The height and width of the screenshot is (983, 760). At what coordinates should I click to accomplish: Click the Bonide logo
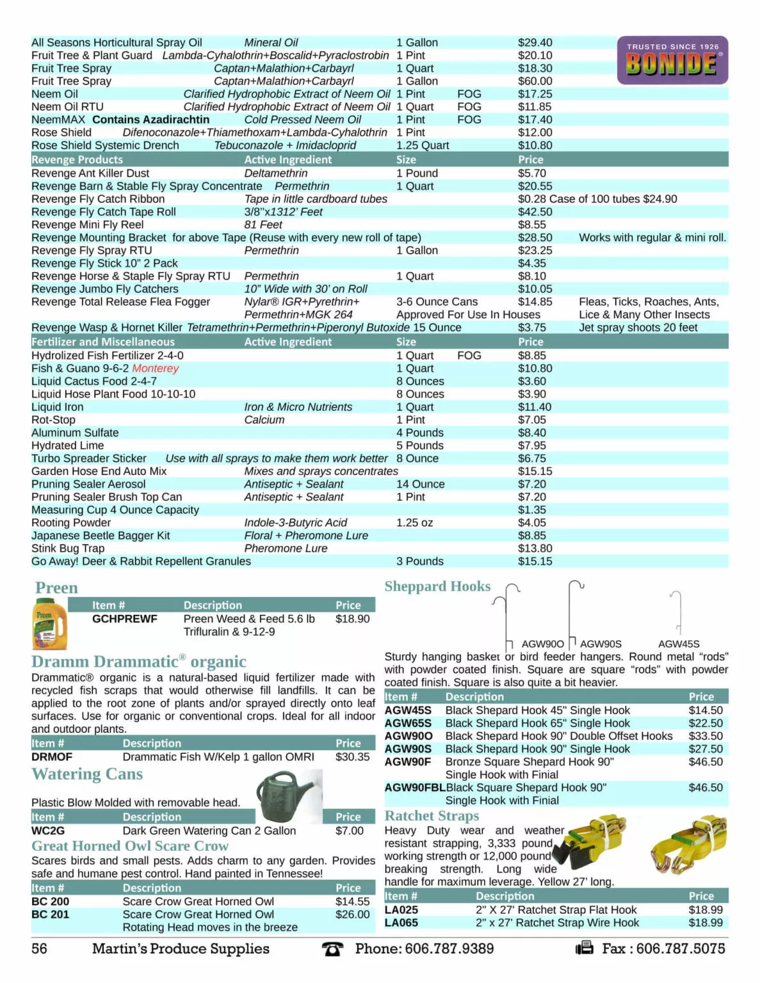tap(672, 61)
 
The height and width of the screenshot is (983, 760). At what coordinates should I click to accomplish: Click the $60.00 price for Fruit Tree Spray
tap(535, 81)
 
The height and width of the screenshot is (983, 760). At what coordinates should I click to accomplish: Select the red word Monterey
tap(156, 369)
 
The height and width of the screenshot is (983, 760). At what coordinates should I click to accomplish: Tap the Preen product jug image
tap(49, 623)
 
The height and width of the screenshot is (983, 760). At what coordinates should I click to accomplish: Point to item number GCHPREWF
tap(124, 619)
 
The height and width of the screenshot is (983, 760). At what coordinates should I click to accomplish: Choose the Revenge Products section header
tap(77, 159)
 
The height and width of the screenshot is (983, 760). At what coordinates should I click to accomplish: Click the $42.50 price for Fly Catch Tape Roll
tap(535, 212)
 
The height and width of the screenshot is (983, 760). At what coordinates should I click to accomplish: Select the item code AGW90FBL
tap(414, 788)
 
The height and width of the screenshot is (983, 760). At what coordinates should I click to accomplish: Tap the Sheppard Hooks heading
tap(437, 586)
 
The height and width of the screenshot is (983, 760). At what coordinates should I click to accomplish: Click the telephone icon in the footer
tap(332, 949)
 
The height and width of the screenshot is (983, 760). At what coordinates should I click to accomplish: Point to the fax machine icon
tap(584, 948)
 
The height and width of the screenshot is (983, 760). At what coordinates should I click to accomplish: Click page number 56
tap(39, 948)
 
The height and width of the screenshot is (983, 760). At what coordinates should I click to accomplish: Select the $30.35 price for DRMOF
tap(352, 757)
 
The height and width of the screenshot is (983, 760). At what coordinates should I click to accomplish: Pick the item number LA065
tap(401, 923)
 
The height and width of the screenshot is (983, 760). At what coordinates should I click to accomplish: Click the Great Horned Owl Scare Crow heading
tap(130, 846)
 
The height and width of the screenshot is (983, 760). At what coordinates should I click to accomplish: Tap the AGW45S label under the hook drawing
tap(679, 644)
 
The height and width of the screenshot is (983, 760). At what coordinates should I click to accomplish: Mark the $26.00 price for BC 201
tap(352, 915)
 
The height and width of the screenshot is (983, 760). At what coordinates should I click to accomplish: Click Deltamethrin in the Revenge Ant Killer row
tap(275, 173)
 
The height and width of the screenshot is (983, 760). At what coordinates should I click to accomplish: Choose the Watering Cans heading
tap(87, 774)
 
